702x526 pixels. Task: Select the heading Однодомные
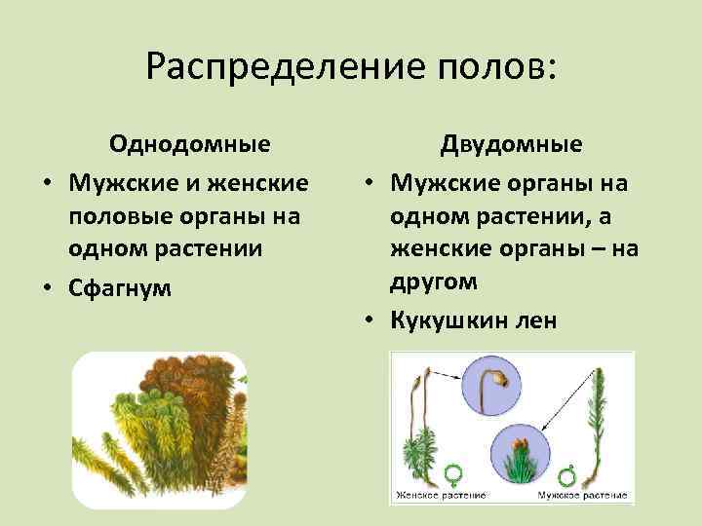190,144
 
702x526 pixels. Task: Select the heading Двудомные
511,144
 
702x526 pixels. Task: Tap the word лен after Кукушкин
533,319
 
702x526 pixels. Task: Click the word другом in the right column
434,282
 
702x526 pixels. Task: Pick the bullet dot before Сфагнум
46,288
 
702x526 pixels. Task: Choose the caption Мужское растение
580,496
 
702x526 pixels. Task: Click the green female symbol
451,474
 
